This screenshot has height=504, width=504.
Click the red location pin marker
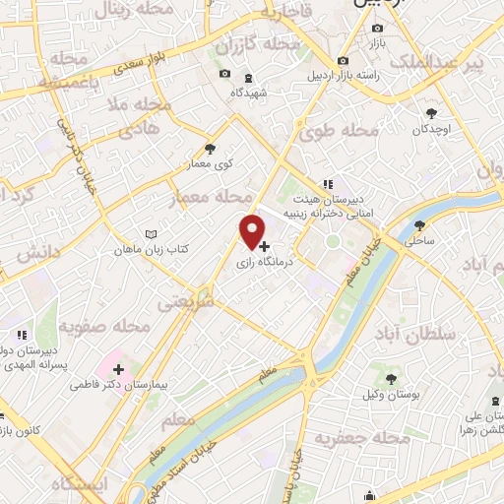pyautogui.click(x=253, y=230)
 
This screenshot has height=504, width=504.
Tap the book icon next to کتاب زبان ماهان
pyautogui.click(x=151, y=234)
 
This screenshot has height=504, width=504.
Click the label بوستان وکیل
pyautogui.click(x=392, y=395)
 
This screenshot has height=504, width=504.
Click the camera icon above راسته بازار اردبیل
pyautogui.click(x=343, y=60)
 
